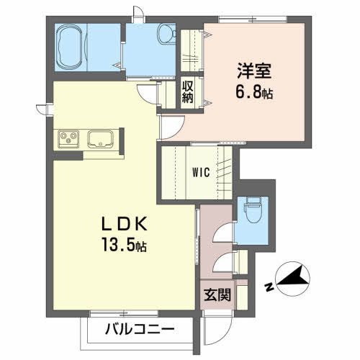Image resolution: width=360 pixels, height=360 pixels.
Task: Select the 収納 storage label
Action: click(188, 91)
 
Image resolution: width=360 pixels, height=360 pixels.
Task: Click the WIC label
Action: click(201, 173)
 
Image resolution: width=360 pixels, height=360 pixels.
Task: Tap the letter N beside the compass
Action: click(268, 287)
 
